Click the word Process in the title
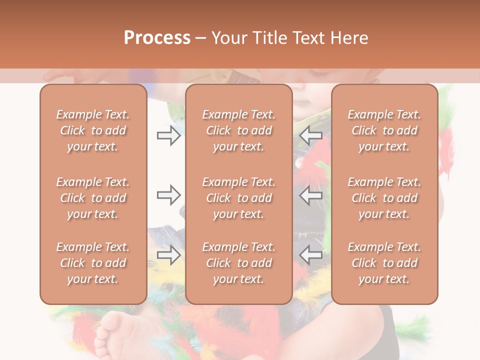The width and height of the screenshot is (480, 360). (157, 38)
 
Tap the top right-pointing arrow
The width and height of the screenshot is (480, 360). (168, 135)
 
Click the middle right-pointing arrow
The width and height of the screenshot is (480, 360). (168, 194)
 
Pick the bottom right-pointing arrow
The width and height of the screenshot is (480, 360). (168, 255)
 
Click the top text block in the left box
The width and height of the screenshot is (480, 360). (93, 130)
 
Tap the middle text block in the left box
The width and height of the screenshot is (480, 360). (93, 198)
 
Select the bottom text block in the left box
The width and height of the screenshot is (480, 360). (93, 263)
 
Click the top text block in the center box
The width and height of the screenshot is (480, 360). (238, 130)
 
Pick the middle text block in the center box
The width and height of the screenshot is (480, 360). (238, 198)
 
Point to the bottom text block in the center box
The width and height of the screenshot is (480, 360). (238, 263)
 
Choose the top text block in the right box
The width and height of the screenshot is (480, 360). (384, 130)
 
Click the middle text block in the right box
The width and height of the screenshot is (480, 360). (384, 198)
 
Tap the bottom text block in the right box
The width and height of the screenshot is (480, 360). (384, 263)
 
